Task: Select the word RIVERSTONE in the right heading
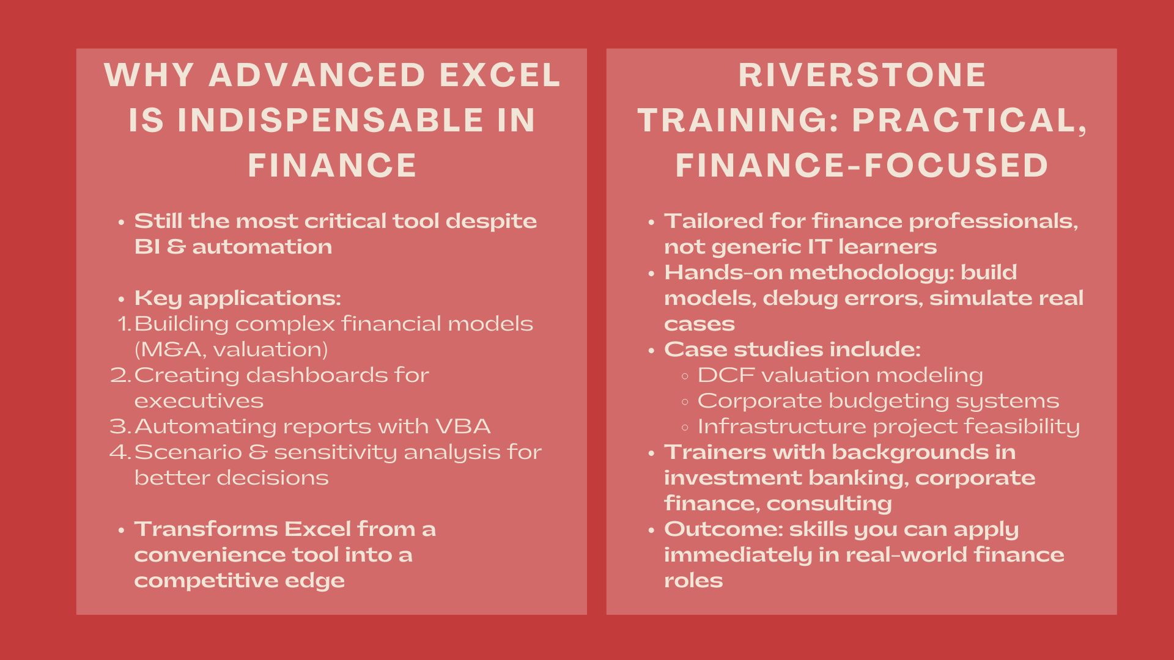coord(862,75)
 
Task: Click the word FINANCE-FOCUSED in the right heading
coord(862,165)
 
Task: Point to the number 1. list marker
coord(125,324)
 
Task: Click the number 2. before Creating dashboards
coord(121,375)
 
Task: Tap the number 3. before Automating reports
coord(121,427)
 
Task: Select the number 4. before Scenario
coord(121,452)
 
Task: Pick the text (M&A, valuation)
coord(231,350)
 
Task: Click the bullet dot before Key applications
coord(122,299)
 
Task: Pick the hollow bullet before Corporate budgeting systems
coord(685,402)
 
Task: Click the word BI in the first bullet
coord(147,247)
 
